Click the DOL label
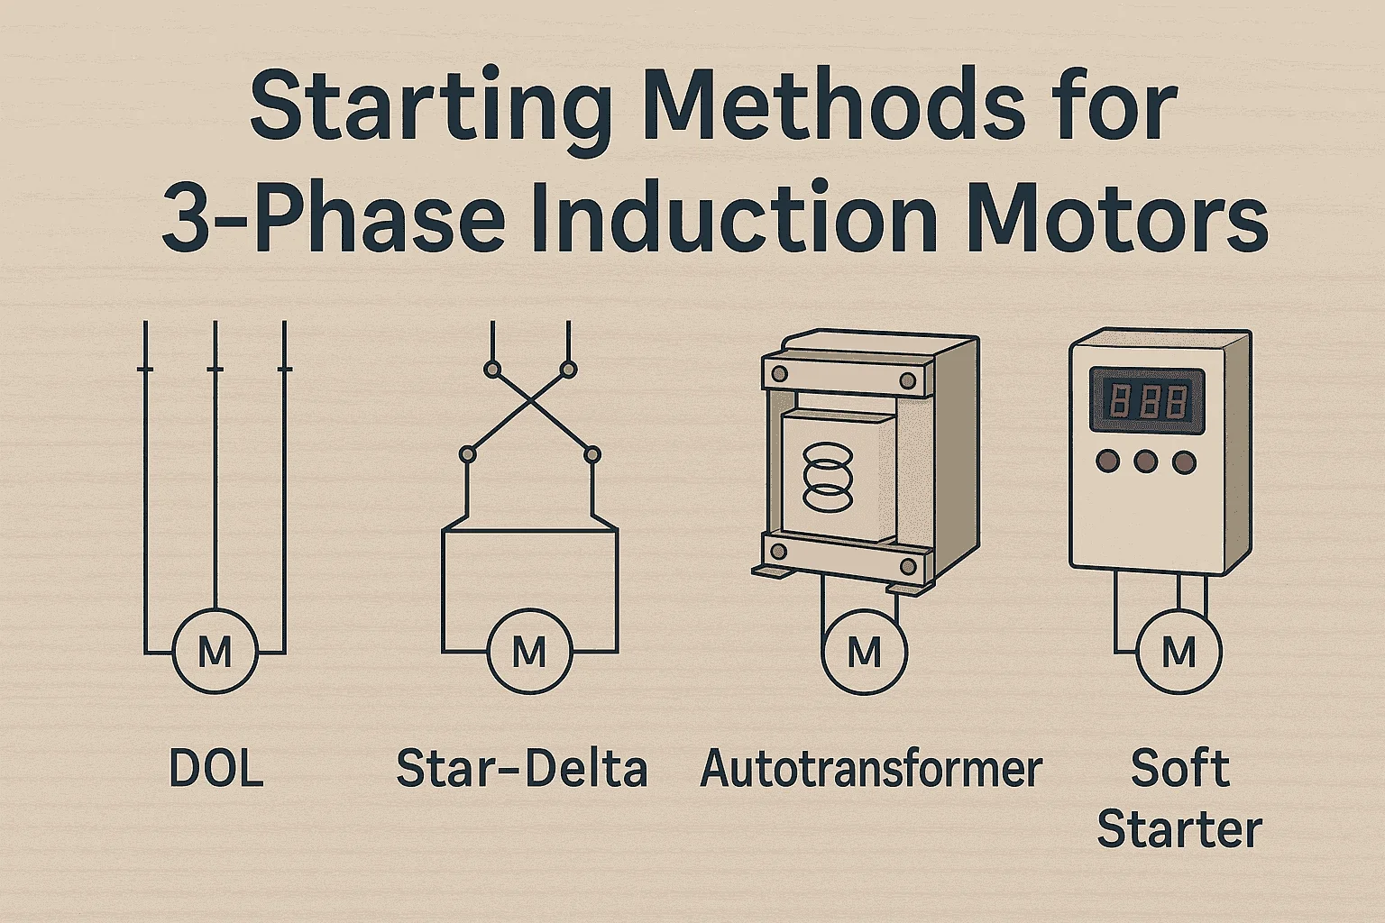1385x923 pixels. pyautogui.click(x=216, y=769)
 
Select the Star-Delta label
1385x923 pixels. pyautogui.click(x=522, y=769)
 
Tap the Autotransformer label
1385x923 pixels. pyautogui.click(x=871, y=769)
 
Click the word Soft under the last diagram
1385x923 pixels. pyautogui.click(x=1179, y=768)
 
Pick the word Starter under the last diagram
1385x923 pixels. pyautogui.click(x=1179, y=828)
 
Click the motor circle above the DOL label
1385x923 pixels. pyautogui.click(x=215, y=650)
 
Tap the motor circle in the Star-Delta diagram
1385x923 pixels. pyautogui.click(x=529, y=650)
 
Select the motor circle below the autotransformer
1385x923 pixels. pyautogui.click(x=865, y=650)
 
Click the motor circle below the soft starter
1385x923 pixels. pyautogui.click(x=1179, y=650)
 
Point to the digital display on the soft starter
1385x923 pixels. pyautogui.click(x=1147, y=398)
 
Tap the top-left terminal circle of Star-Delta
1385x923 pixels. pyautogui.click(x=491, y=369)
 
